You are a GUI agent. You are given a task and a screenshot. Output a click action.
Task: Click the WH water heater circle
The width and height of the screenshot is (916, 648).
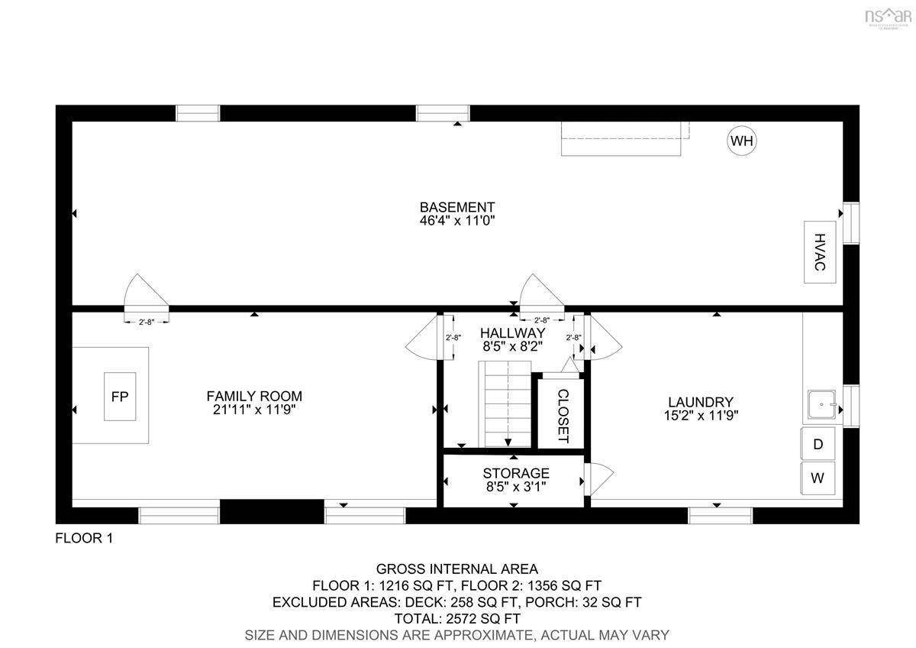coord(741,141)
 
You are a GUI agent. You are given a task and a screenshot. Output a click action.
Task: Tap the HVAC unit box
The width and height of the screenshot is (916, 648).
coord(820,252)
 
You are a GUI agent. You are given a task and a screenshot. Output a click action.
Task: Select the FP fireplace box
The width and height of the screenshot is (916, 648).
coord(120,397)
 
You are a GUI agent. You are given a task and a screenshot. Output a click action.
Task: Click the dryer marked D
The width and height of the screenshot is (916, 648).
coord(818,444)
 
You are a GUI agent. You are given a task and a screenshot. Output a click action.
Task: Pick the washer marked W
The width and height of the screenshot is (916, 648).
coord(818,478)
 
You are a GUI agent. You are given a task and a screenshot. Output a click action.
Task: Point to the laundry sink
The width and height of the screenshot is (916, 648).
coord(821,405)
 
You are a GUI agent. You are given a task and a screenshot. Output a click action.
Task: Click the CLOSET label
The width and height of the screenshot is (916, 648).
coord(563,416)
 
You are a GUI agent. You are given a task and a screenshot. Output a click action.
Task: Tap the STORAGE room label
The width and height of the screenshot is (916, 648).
coord(516,473)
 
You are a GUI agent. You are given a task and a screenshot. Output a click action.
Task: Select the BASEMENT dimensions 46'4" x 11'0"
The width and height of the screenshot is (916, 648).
coord(457,221)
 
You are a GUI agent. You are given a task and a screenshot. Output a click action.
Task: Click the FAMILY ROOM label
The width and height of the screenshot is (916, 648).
coord(254,397)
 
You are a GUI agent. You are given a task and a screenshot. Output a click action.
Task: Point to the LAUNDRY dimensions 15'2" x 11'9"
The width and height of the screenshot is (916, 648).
coord(701,416)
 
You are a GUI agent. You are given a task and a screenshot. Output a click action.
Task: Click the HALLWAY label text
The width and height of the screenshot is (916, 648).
coord(513,333)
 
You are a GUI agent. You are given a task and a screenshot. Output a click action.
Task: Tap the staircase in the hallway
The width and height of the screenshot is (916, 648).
coord(505,404)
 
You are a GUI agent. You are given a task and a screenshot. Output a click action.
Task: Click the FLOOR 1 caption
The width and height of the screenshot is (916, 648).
coord(84,538)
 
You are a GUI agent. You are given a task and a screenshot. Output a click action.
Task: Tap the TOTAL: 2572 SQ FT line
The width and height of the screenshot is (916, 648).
coord(457,618)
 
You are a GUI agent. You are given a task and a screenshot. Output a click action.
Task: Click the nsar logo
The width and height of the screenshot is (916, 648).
coord(889,17)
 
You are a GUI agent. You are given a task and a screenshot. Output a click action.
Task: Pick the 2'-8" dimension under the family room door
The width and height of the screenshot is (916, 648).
coord(147,322)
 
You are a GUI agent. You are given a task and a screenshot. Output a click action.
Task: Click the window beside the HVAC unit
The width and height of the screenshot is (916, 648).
coord(851,223)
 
